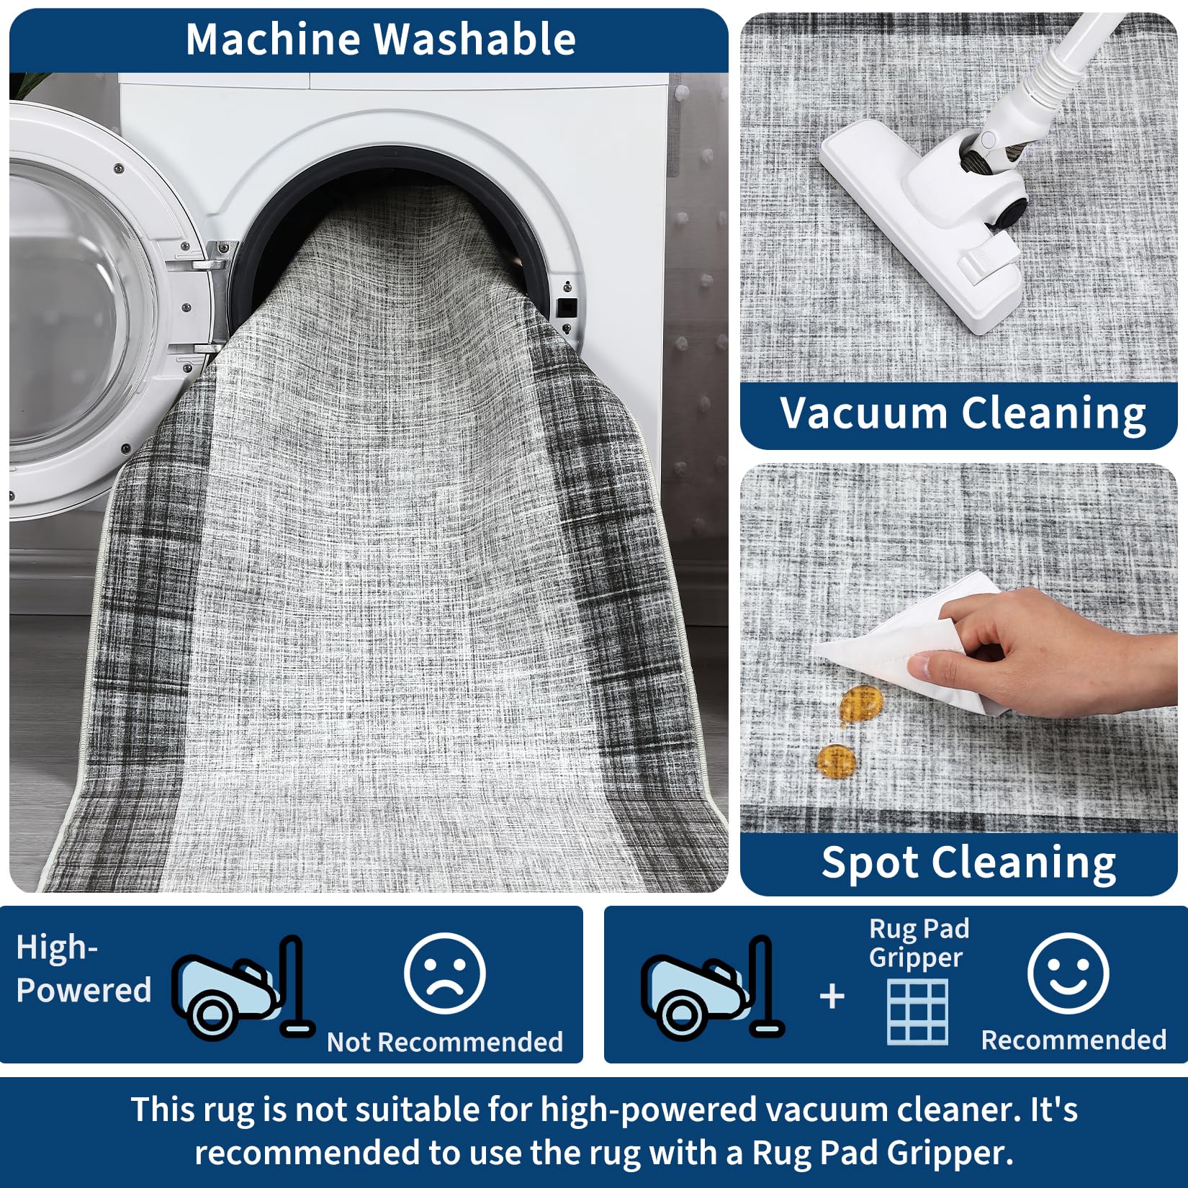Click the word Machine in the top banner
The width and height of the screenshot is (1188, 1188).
(272, 39)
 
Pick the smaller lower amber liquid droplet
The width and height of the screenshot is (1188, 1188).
(837, 760)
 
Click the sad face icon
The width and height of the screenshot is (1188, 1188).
(445, 973)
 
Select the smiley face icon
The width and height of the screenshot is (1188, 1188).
(1068, 973)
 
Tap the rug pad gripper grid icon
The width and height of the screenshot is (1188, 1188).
(918, 1012)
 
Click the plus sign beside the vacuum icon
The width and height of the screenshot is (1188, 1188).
(832, 996)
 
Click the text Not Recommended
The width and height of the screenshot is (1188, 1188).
(445, 1042)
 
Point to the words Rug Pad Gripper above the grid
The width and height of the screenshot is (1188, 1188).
(919, 943)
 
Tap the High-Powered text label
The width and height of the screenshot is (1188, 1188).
(84, 968)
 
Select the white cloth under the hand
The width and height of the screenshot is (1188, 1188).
(914, 641)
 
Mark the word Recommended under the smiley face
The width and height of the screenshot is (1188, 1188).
(1074, 1040)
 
